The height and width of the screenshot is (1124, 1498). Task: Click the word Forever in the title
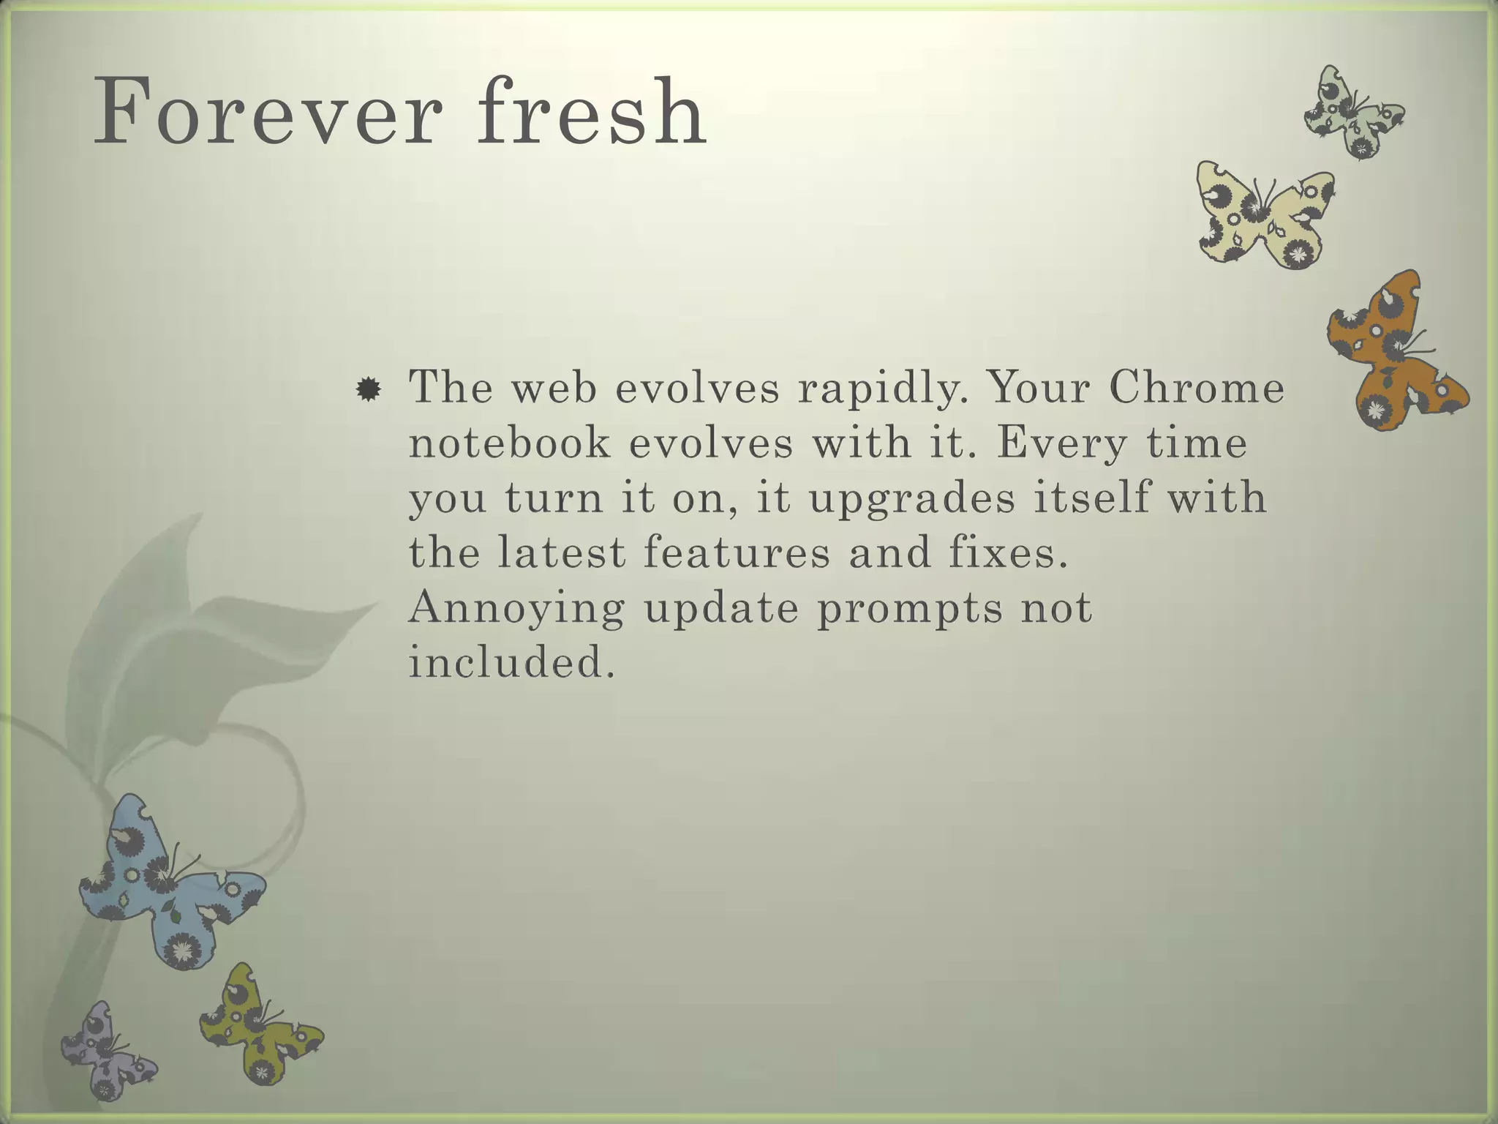pos(268,112)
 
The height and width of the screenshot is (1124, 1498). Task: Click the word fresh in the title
pos(592,112)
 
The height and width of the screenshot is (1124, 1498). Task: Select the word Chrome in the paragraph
pos(1197,388)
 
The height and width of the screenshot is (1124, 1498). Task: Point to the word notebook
pos(509,443)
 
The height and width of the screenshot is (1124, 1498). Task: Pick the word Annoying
pos(516,609)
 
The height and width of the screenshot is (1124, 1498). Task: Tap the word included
pos(511,662)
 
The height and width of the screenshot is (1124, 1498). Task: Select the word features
pos(737,553)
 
